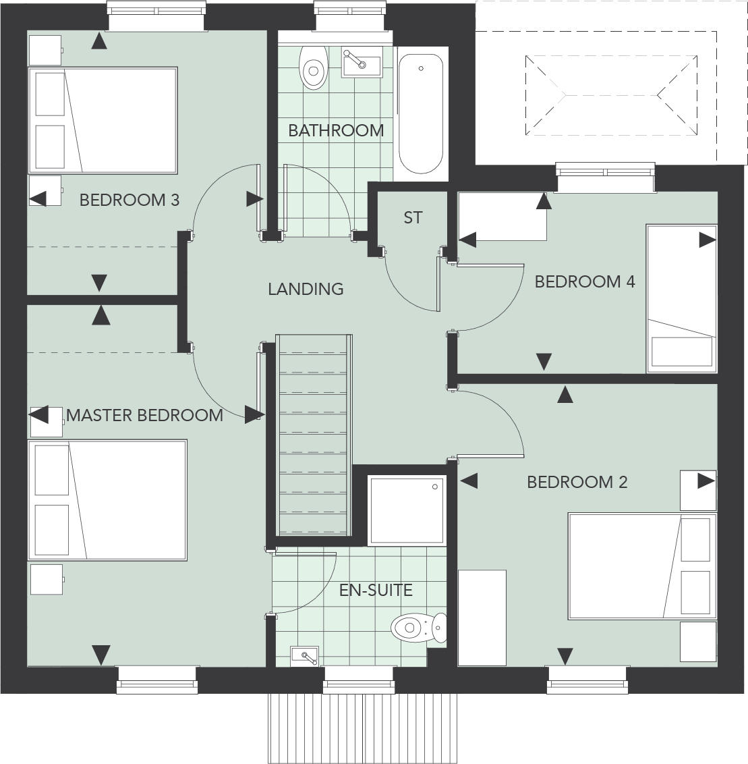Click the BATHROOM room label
point(335,130)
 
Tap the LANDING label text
point(306,289)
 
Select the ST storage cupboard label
point(413,217)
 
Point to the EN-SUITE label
point(376,590)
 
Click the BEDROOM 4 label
point(585,281)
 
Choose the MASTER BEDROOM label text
point(144,415)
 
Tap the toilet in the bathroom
point(312,68)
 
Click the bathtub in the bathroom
point(421,113)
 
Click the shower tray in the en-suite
point(407,510)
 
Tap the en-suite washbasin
point(306,655)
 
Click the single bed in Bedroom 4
point(681,298)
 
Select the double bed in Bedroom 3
point(103,120)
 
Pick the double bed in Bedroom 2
point(641,566)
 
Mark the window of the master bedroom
point(158,679)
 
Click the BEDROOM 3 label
point(130,200)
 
